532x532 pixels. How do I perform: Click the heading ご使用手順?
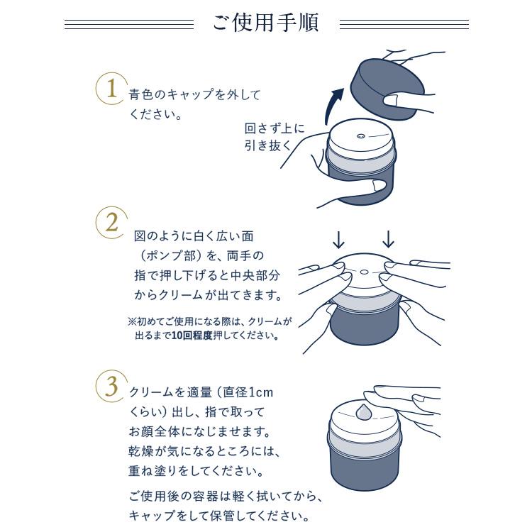266,23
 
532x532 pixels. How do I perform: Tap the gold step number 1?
111,89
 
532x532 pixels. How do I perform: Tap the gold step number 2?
111,222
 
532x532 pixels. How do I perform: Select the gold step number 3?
111,387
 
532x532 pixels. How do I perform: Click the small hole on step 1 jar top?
360,136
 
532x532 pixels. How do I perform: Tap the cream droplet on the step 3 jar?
365,411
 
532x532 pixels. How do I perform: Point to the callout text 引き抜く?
268,146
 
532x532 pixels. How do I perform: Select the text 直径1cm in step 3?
245,392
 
